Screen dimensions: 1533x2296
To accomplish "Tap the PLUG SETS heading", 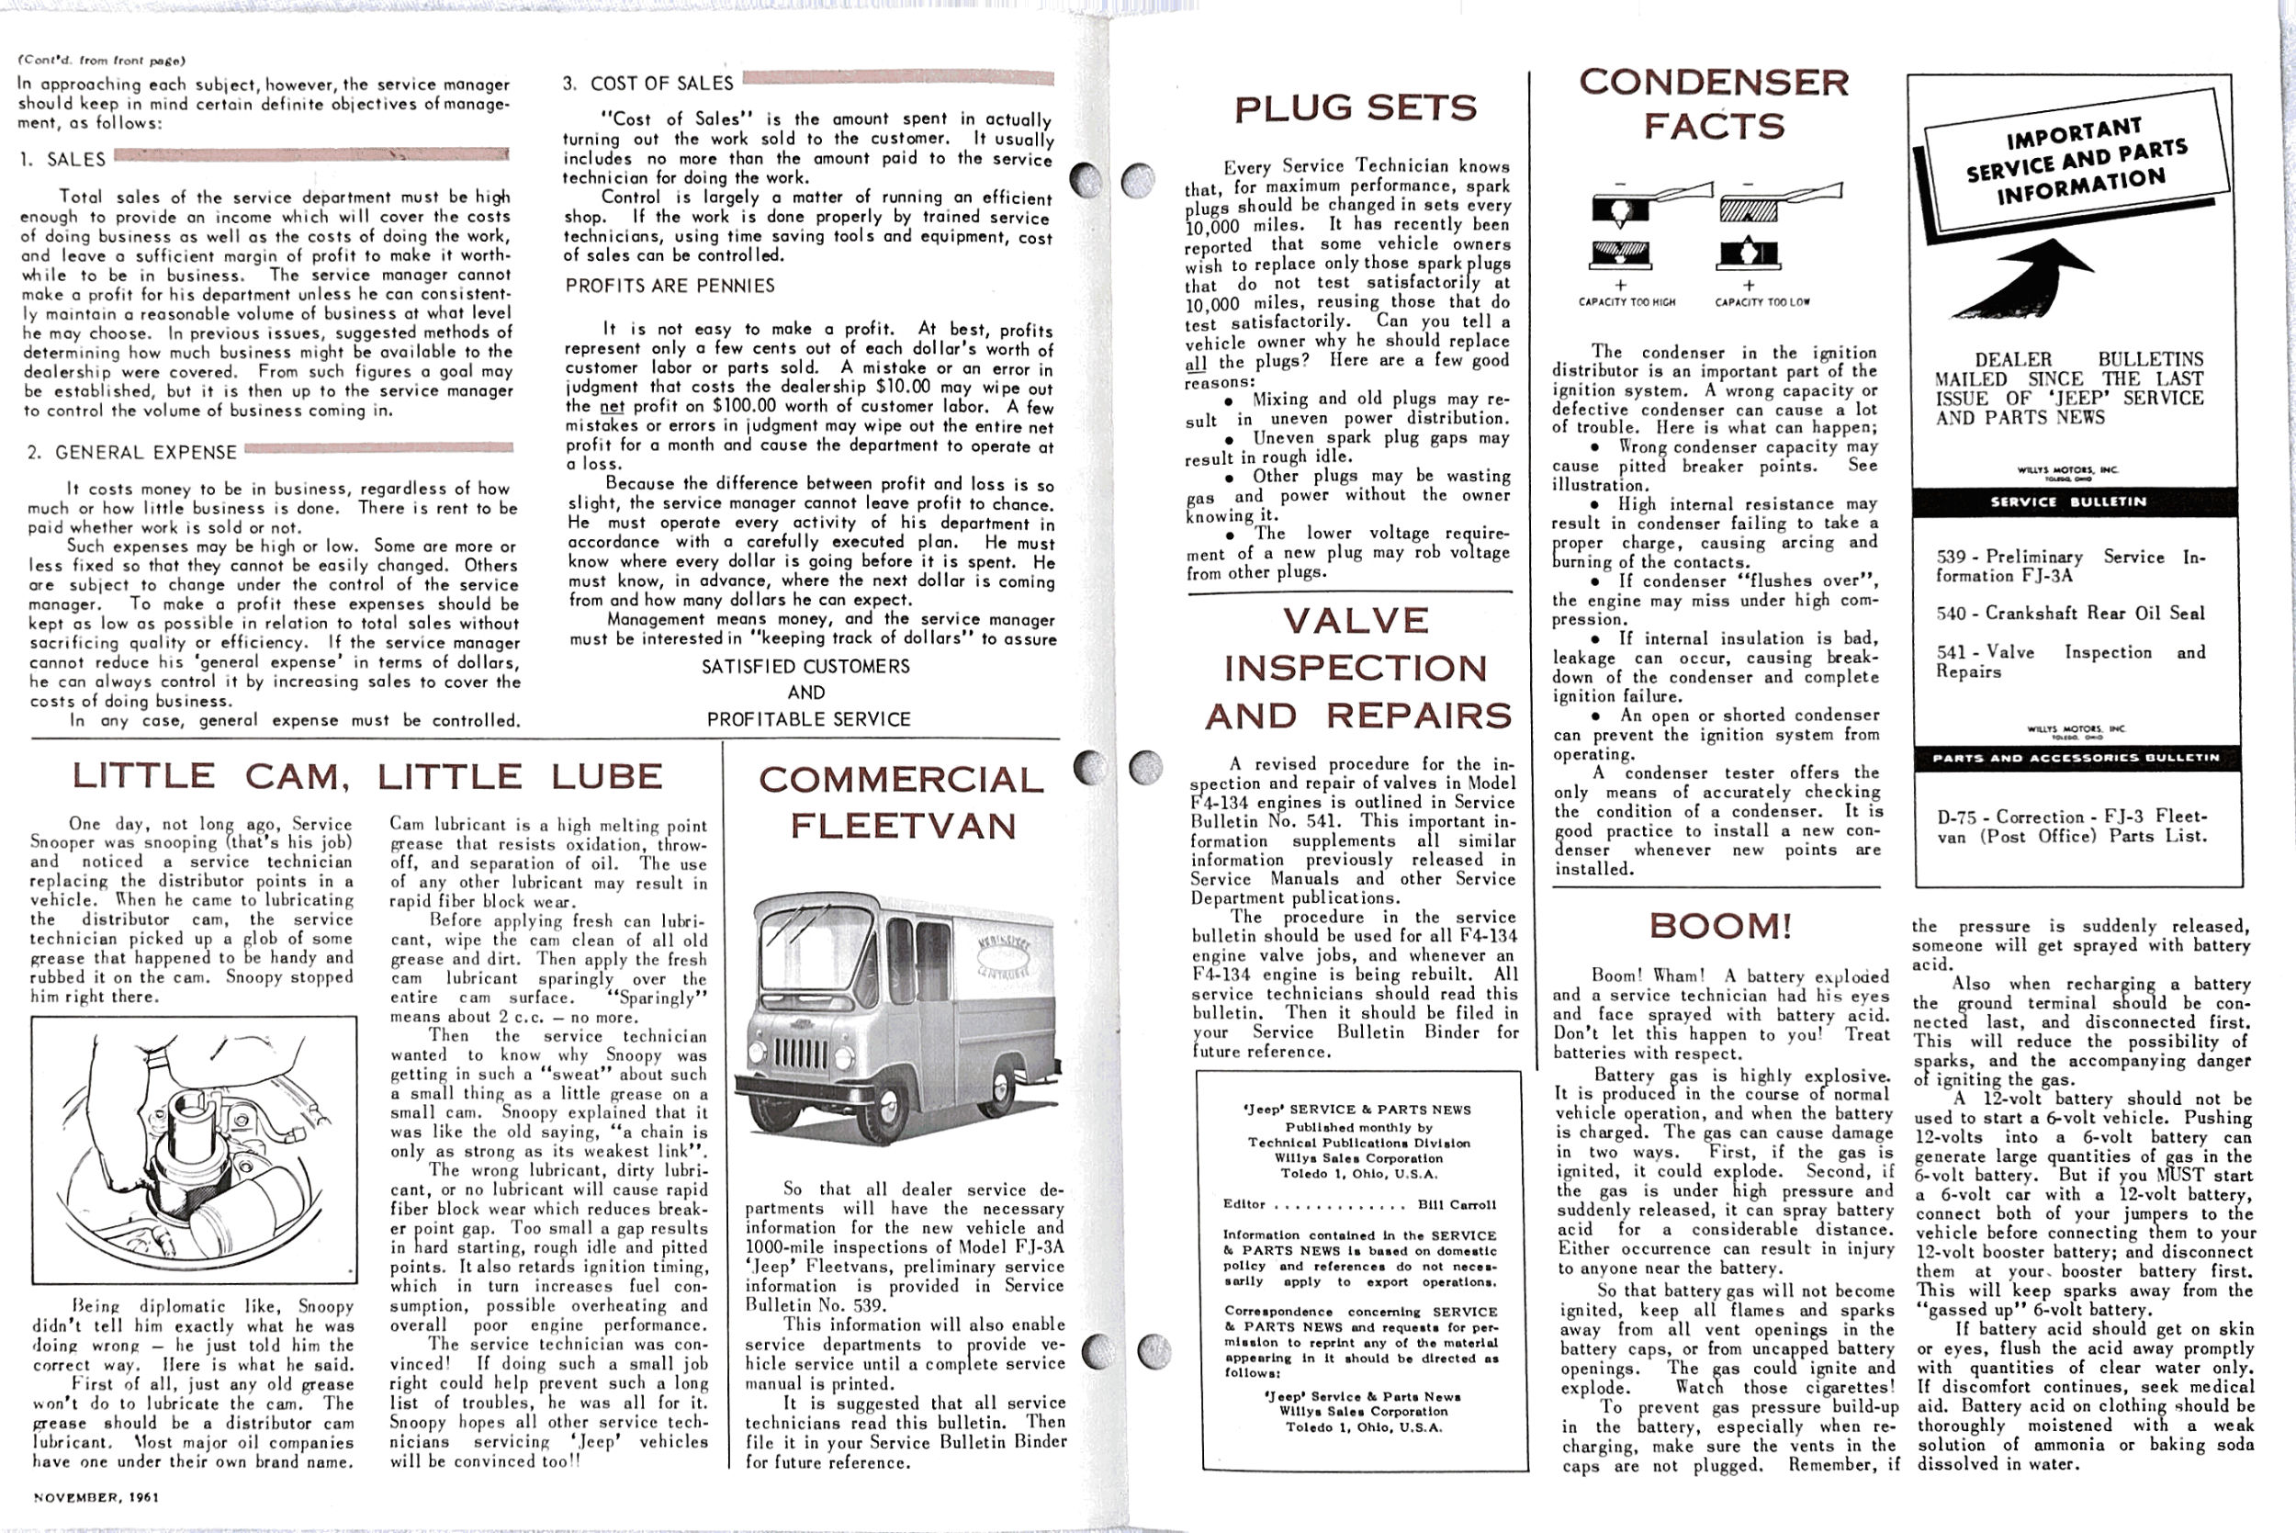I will coord(1356,107).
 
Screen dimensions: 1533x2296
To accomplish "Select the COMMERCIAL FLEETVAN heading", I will coord(901,803).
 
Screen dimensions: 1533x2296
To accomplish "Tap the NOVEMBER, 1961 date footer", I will coord(96,1497).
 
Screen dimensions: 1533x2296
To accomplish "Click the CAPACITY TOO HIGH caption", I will coord(1626,302).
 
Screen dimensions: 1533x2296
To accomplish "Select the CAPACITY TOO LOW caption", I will coord(1761,302).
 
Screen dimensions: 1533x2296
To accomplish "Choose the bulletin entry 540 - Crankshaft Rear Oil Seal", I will coord(2069,614).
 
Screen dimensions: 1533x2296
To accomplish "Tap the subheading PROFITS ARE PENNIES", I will coord(670,286).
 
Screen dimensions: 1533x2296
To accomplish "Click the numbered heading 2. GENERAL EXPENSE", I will coord(132,452).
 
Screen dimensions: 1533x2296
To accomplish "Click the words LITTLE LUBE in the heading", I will coord(520,776).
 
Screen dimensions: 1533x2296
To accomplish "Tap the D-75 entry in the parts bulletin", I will coord(2071,826).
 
